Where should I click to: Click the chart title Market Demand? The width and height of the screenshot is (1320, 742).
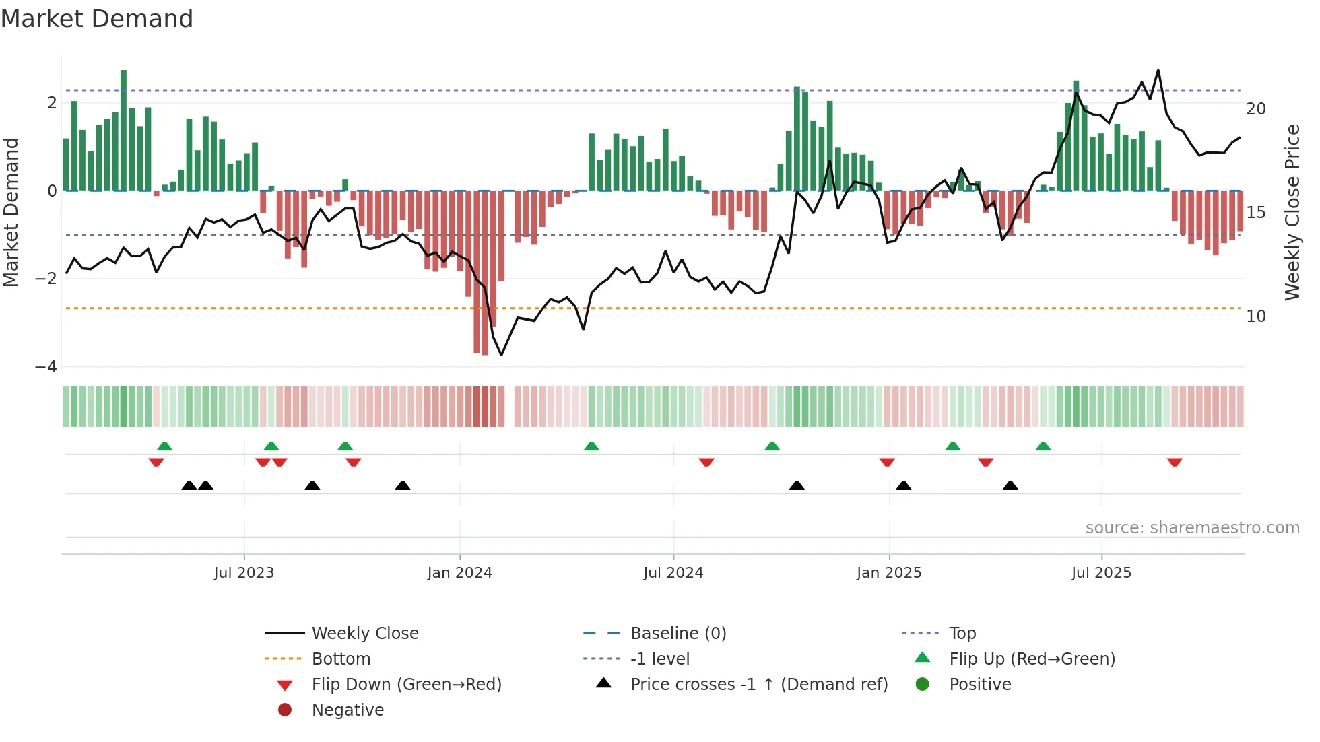click(x=97, y=19)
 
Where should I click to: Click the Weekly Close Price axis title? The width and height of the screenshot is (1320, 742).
click(x=1292, y=212)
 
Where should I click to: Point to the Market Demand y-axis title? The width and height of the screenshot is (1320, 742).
click(x=11, y=212)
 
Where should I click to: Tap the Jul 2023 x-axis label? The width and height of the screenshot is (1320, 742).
click(x=244, y=573)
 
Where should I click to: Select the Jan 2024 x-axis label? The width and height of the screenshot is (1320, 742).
click(x=459, y=573)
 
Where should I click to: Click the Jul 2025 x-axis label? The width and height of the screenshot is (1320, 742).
click(x=1101, y=573)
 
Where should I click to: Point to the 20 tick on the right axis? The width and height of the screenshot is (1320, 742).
click(x=1255, y=109)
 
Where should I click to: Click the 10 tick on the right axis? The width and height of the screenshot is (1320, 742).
click(x=1255, y=316)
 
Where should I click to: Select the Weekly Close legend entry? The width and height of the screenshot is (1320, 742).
click(x=364, y=634)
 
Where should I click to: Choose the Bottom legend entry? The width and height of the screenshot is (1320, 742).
click(x=341, y=659)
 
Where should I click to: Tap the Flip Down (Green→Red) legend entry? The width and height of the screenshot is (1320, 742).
click(x=406, y=685)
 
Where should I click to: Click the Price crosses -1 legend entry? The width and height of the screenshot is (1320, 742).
click(x=758, y=685)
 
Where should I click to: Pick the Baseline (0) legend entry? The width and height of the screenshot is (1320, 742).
click(x=678, y=634)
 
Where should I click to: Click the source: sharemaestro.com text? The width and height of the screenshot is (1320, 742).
click(x=1192, y=528)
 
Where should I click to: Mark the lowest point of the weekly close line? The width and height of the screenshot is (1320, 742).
click(x=501, y=355)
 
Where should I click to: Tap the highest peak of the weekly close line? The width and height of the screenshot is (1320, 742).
click(x=1158, y=70)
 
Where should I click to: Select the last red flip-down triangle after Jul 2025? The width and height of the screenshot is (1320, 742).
click(x=1175, y=463)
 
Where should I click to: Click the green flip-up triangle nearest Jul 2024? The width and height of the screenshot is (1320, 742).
click(x=591, y=446)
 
